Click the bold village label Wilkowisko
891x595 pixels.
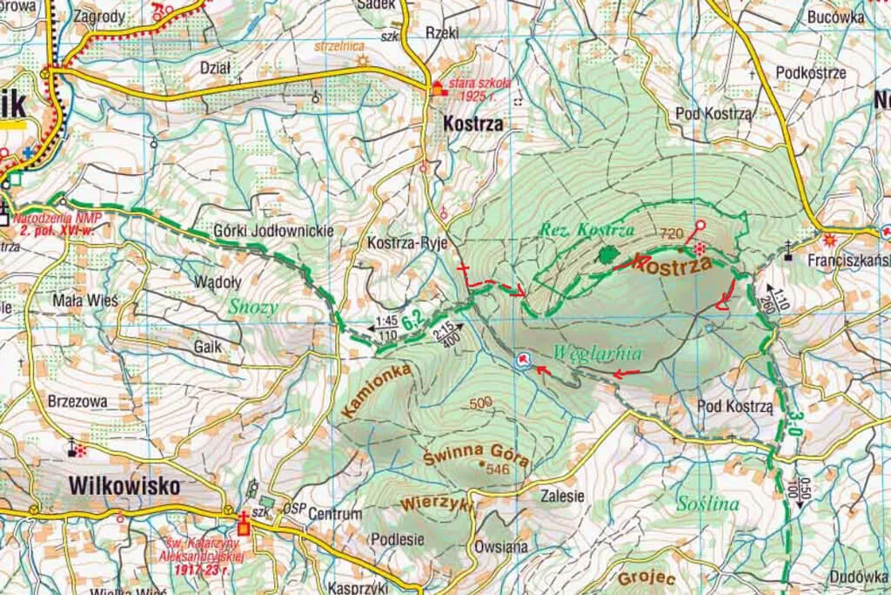(x=124, y=485)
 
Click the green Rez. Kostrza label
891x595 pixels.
(x=586, y=230)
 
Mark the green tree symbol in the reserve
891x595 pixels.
(x=607, y=254)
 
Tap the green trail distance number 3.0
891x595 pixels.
(x=794, y=424)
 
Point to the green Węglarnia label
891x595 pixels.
(x=596, y=354)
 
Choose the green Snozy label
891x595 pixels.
(x=251, y=307)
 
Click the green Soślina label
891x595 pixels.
(x=707, y=504)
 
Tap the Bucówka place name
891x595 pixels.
(x=834, y=17)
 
